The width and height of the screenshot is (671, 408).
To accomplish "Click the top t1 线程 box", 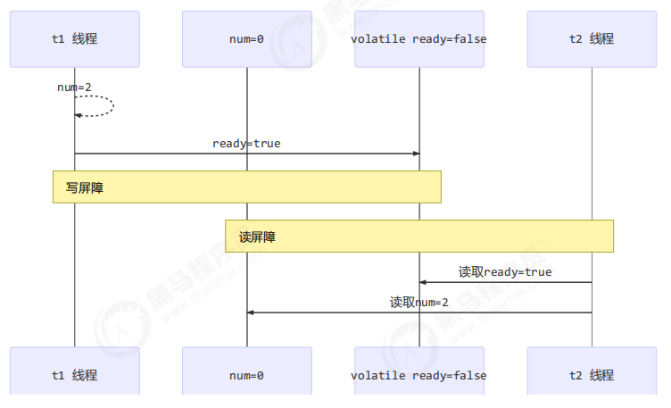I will point(75,39).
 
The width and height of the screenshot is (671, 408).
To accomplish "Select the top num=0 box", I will point(247,39).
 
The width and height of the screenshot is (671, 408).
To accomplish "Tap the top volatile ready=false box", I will point(419,39).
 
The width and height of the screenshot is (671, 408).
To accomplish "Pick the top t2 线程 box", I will point(592,39).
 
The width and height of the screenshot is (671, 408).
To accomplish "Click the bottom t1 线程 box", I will point(75,375).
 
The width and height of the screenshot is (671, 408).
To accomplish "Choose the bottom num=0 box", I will point(247,375).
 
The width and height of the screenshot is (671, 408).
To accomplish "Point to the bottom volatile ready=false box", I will point(419,375).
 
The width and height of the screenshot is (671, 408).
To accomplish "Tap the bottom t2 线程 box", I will point(592,375).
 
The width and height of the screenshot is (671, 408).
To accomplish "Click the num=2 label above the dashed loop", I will point(75,87).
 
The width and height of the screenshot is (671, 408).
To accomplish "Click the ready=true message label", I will point(246,143).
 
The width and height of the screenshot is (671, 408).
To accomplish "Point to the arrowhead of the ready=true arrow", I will point(415,154).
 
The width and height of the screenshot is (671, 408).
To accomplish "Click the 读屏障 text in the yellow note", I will point(257,237).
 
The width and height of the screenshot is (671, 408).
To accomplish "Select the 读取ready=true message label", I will point(505,271).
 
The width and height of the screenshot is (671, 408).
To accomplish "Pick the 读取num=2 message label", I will point(419,302).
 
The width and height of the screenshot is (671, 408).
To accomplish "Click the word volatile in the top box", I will point(377,39).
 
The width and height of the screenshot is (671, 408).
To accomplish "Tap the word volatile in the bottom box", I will point(377,375).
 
